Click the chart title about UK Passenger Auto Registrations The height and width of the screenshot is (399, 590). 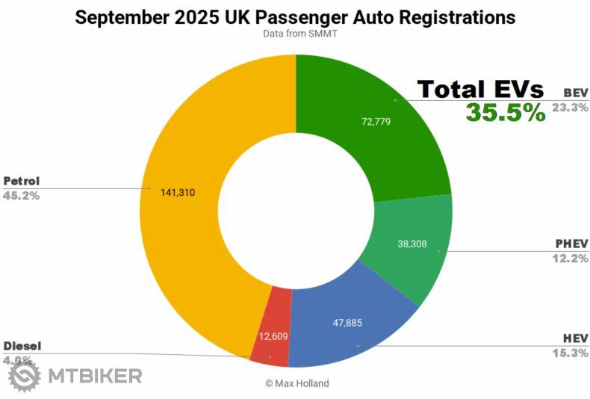point(295,16)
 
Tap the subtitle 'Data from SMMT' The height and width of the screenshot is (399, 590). point(295,34)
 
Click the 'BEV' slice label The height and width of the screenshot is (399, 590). point(576,93)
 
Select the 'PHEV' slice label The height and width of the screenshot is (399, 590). point(571,244)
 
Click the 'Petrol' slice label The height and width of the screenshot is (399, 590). point(21,181)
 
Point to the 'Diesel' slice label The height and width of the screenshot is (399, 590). point(22,346)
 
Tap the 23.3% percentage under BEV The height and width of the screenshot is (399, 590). point(570,108)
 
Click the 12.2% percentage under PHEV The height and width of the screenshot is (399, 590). point(570,259)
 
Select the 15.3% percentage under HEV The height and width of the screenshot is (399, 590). point(570,353)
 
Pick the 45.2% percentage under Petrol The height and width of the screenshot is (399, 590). point(21,195)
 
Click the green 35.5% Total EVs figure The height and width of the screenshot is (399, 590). point(506,113)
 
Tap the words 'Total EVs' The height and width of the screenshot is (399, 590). point(480,90)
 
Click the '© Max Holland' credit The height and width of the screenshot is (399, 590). point(296,383)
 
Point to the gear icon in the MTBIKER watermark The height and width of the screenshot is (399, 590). point(24,375)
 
